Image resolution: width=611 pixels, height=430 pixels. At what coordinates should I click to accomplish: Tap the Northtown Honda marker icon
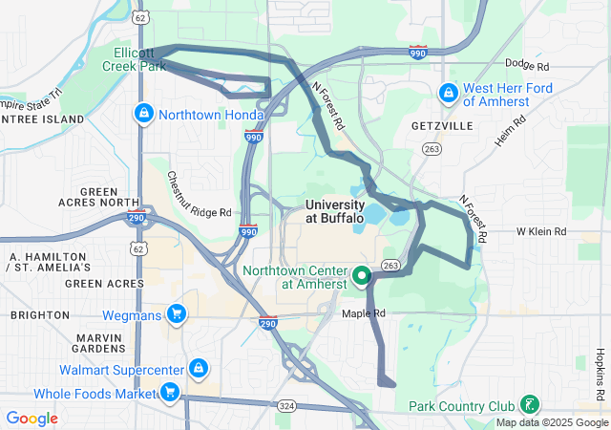[143, 113]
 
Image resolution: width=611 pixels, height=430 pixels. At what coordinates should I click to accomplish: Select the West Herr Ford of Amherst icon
[447, 94]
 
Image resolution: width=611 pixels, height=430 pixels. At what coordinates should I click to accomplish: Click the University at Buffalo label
[334, 211]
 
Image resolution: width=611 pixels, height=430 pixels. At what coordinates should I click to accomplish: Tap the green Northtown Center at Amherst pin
[362, 277]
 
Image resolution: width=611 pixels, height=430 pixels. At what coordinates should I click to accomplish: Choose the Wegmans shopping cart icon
[176, 313]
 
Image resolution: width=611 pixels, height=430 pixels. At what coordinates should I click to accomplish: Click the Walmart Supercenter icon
[197, 369]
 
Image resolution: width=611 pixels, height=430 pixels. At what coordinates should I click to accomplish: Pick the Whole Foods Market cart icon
[169, 392]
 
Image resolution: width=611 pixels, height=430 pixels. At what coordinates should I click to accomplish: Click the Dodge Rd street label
[527, 66]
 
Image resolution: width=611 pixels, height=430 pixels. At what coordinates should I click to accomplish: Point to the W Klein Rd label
[541, 231]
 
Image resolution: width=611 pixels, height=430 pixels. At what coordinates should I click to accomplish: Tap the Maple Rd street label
[364, 312]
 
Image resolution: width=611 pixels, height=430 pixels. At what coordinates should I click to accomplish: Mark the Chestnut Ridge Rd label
[200, 195]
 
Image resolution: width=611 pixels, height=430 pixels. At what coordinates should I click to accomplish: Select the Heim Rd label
[511, 132]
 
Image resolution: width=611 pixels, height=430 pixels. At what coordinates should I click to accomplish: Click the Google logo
[32, 419]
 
